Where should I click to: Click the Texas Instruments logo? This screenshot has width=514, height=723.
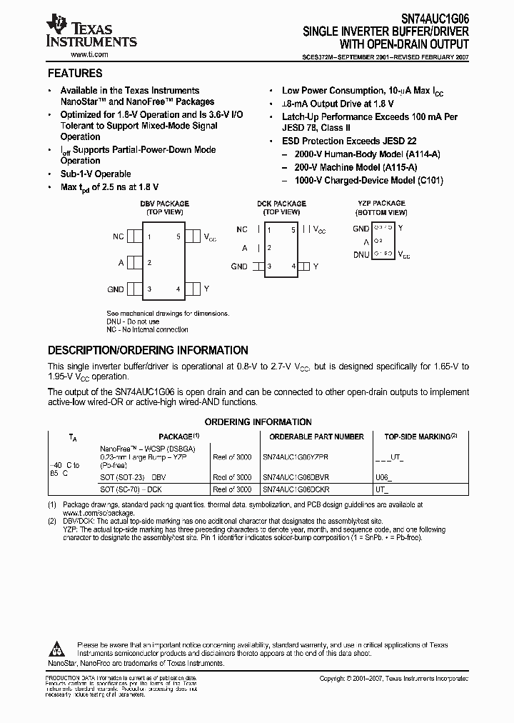(x=90, y=31)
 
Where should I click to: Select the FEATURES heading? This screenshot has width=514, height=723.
(x=74, y=74)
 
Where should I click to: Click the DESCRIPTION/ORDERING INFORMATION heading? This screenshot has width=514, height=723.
(x=148, y=351)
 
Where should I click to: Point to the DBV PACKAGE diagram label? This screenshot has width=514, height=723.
(x=164, y=204)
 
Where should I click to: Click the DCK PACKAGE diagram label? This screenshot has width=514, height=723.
(x=281, y=204)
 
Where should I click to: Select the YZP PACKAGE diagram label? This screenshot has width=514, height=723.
(x=381, y=204)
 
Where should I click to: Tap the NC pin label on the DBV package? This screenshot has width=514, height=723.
(x=119, y=236)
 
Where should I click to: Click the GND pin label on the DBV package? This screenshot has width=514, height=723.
(x=116, y=289)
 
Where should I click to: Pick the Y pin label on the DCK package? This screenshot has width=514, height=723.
(x=316, y=266)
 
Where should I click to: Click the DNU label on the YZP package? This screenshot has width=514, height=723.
(x=361, y=254)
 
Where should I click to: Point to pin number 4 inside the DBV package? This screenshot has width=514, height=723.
(x=178, y=289)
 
